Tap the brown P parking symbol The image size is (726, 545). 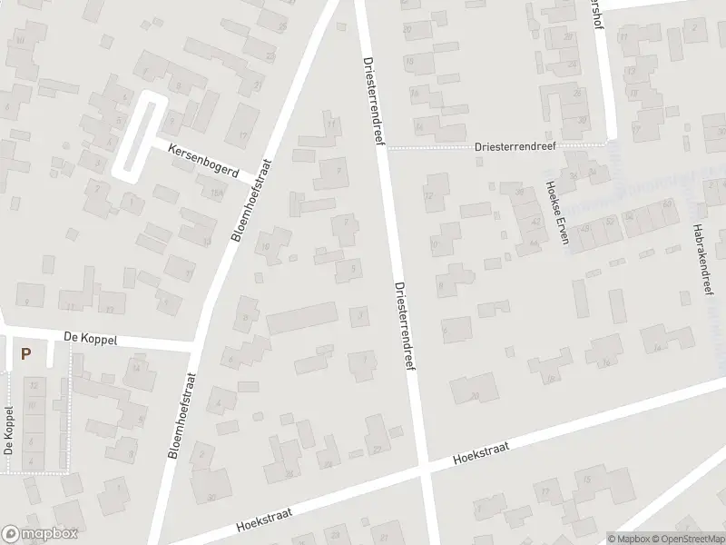pos(26,354)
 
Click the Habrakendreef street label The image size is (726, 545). pos(700,258)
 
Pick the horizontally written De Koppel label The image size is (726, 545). pos(91,336)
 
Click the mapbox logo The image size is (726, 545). pos(39,534)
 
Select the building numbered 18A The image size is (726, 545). pos(215,192)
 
